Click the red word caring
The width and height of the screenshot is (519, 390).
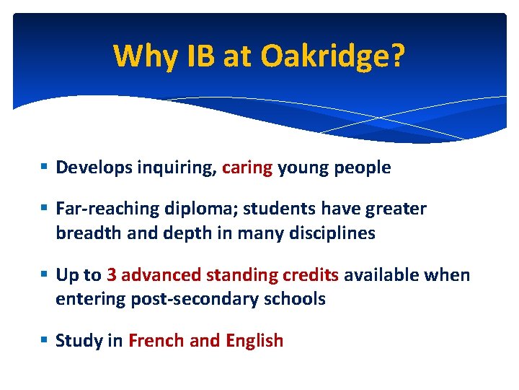click(x=247, y=168)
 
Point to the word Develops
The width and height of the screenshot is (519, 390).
click(x=92, y=168)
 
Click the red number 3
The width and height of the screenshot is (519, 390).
click(x=112, y=275)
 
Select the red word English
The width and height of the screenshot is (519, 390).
click(x=254, y=341)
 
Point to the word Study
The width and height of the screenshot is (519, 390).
click(x=79, y=341)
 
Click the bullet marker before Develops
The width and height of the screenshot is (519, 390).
click(x=45, y=168)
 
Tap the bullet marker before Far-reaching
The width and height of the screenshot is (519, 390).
click(x=45, y=209)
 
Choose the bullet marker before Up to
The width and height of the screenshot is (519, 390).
click(x=45, y=275)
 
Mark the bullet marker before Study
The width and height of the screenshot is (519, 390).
click(x=45, y=341)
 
